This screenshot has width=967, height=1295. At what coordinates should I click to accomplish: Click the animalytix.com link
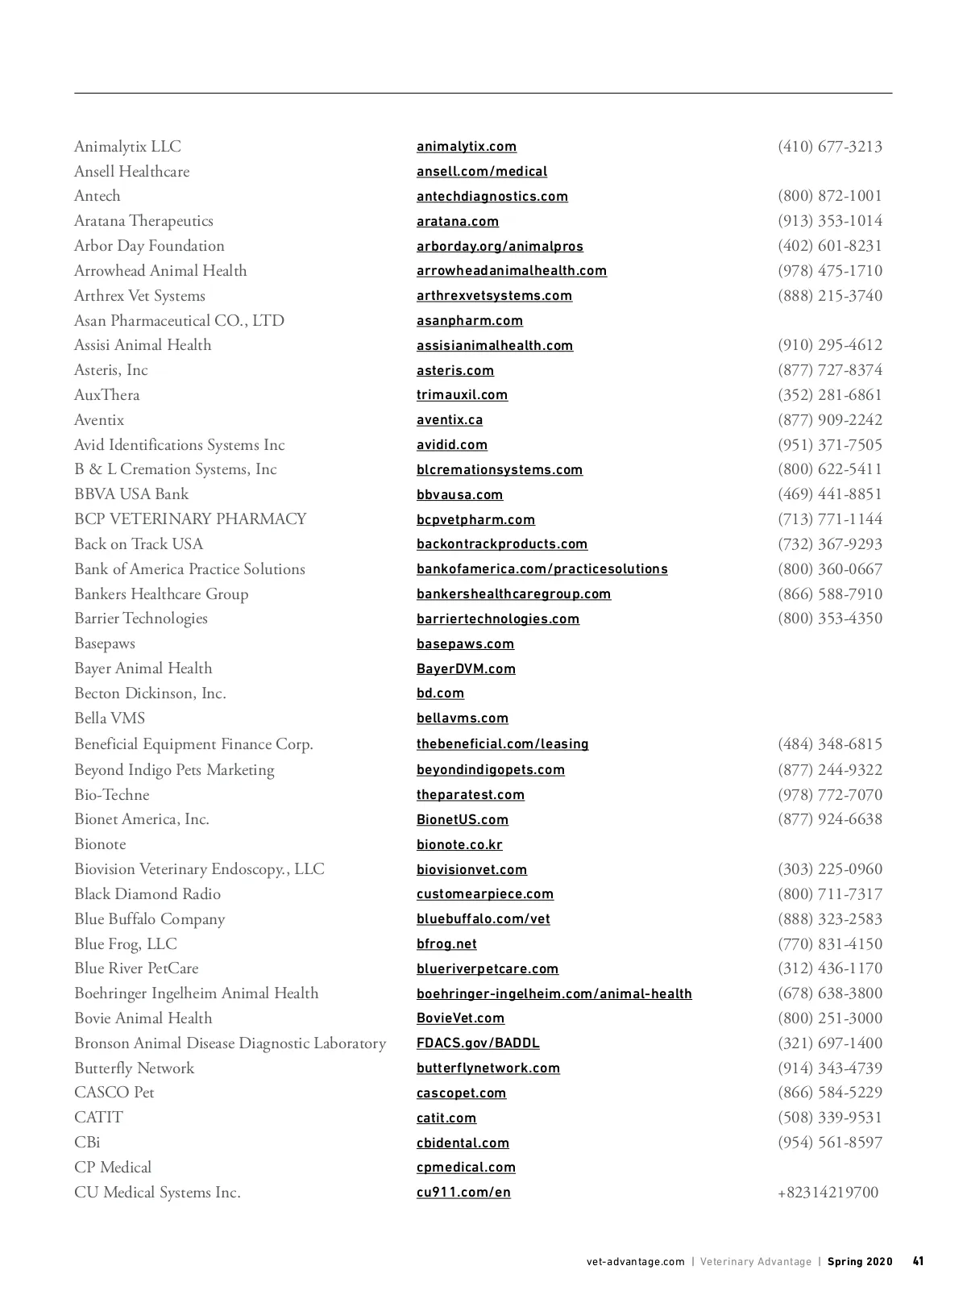click(466, 147)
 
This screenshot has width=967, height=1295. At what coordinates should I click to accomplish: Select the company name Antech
click(97, 196)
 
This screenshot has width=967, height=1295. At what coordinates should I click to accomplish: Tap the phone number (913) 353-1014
click(829, 221)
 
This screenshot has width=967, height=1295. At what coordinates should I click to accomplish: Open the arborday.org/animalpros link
click(500, 246)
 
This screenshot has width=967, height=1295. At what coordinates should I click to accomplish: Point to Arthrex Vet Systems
click(139, 296)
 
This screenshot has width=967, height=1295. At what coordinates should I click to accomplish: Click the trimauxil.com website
click(462, 395)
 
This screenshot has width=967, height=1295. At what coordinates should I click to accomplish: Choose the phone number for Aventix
click(829, 420)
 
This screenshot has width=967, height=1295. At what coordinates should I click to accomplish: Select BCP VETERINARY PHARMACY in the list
click(190, 519)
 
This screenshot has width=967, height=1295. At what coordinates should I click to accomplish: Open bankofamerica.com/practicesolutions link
click(542, 569)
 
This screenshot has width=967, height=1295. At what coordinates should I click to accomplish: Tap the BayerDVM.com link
click(466, 668)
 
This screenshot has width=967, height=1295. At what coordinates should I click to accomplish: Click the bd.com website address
click(440, 693)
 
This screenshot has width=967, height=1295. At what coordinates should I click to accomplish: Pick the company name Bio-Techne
click(112, 795)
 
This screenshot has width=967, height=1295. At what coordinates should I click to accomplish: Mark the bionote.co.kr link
click(459, 844)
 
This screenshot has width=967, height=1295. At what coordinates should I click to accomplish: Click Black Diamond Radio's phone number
click(829, 894)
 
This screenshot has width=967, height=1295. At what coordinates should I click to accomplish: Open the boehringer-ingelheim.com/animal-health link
click(554, 993)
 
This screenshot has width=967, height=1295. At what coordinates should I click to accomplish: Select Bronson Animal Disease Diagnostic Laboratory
click(230, 1043)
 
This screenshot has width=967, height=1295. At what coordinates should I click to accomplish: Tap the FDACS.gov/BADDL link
click(478, 1043)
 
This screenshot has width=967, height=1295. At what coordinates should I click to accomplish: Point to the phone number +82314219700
click(828, 1193)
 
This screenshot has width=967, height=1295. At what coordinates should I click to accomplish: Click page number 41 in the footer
click(918, 1261)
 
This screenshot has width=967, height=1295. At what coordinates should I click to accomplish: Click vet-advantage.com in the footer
click(635, 1262)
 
